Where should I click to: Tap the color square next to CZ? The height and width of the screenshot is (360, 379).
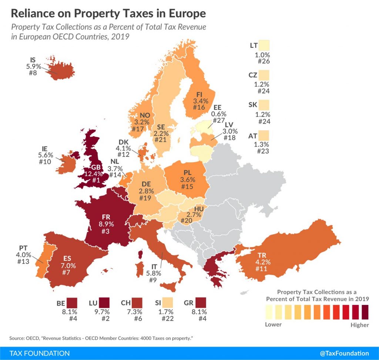[265, 75]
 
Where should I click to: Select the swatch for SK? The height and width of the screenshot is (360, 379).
[265, 105]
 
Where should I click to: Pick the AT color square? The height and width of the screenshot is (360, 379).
[265, 135]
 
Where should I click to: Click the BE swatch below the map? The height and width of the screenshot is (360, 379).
[72, 303]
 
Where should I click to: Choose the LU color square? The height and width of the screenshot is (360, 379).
[104, 303]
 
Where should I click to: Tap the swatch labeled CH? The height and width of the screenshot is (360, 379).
[138, 303]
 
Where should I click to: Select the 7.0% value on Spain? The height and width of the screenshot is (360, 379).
[68, 265]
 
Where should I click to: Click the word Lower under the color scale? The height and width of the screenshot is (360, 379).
[273, 324]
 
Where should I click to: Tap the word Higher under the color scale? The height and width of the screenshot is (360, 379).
[360, 325]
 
